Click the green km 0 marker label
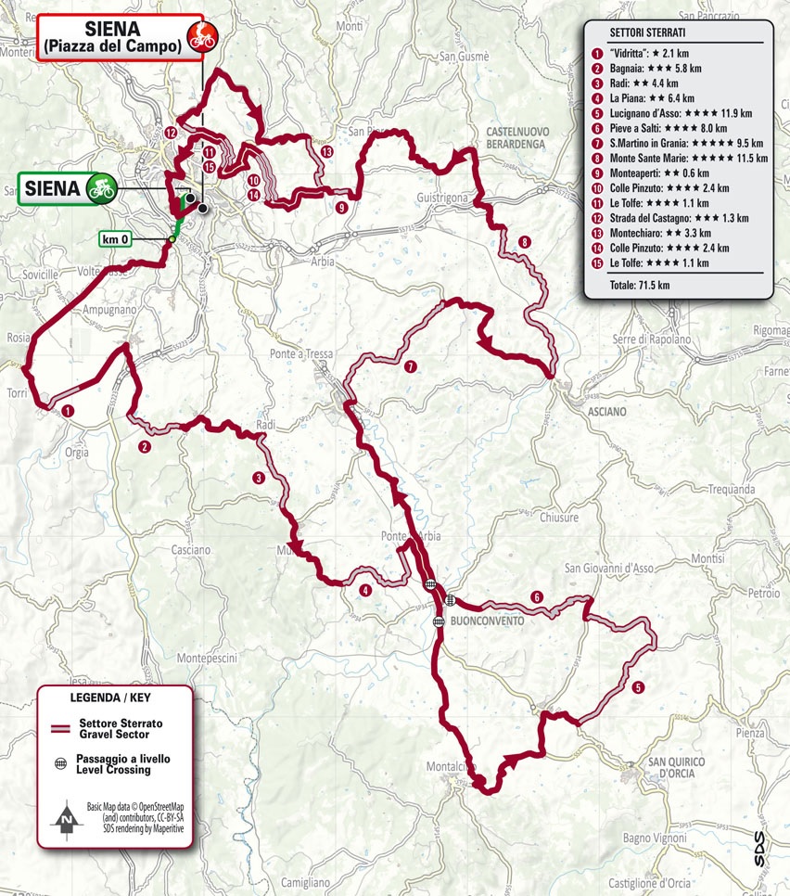point(116,240)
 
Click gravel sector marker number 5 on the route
point(638,687)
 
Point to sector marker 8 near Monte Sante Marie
point(526,242)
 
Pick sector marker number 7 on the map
point(411,366)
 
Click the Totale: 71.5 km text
point(640,285)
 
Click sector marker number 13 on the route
point(325,151)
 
